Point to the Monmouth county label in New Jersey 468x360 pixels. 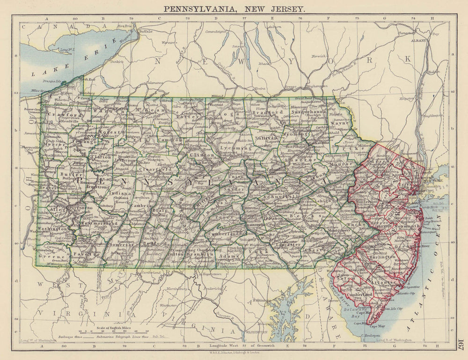(x=409, y=226)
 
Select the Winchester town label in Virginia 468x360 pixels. (x=169, y=306)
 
